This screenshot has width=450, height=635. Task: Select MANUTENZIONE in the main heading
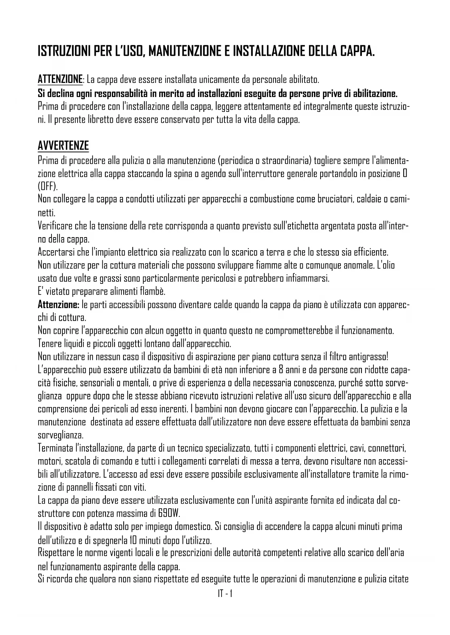click(183, 51)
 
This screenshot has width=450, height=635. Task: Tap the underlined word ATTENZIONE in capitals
click(60, 79)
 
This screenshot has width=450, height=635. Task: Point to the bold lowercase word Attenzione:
click(58, 304)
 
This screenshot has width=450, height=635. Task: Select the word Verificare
click(55, 226)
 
